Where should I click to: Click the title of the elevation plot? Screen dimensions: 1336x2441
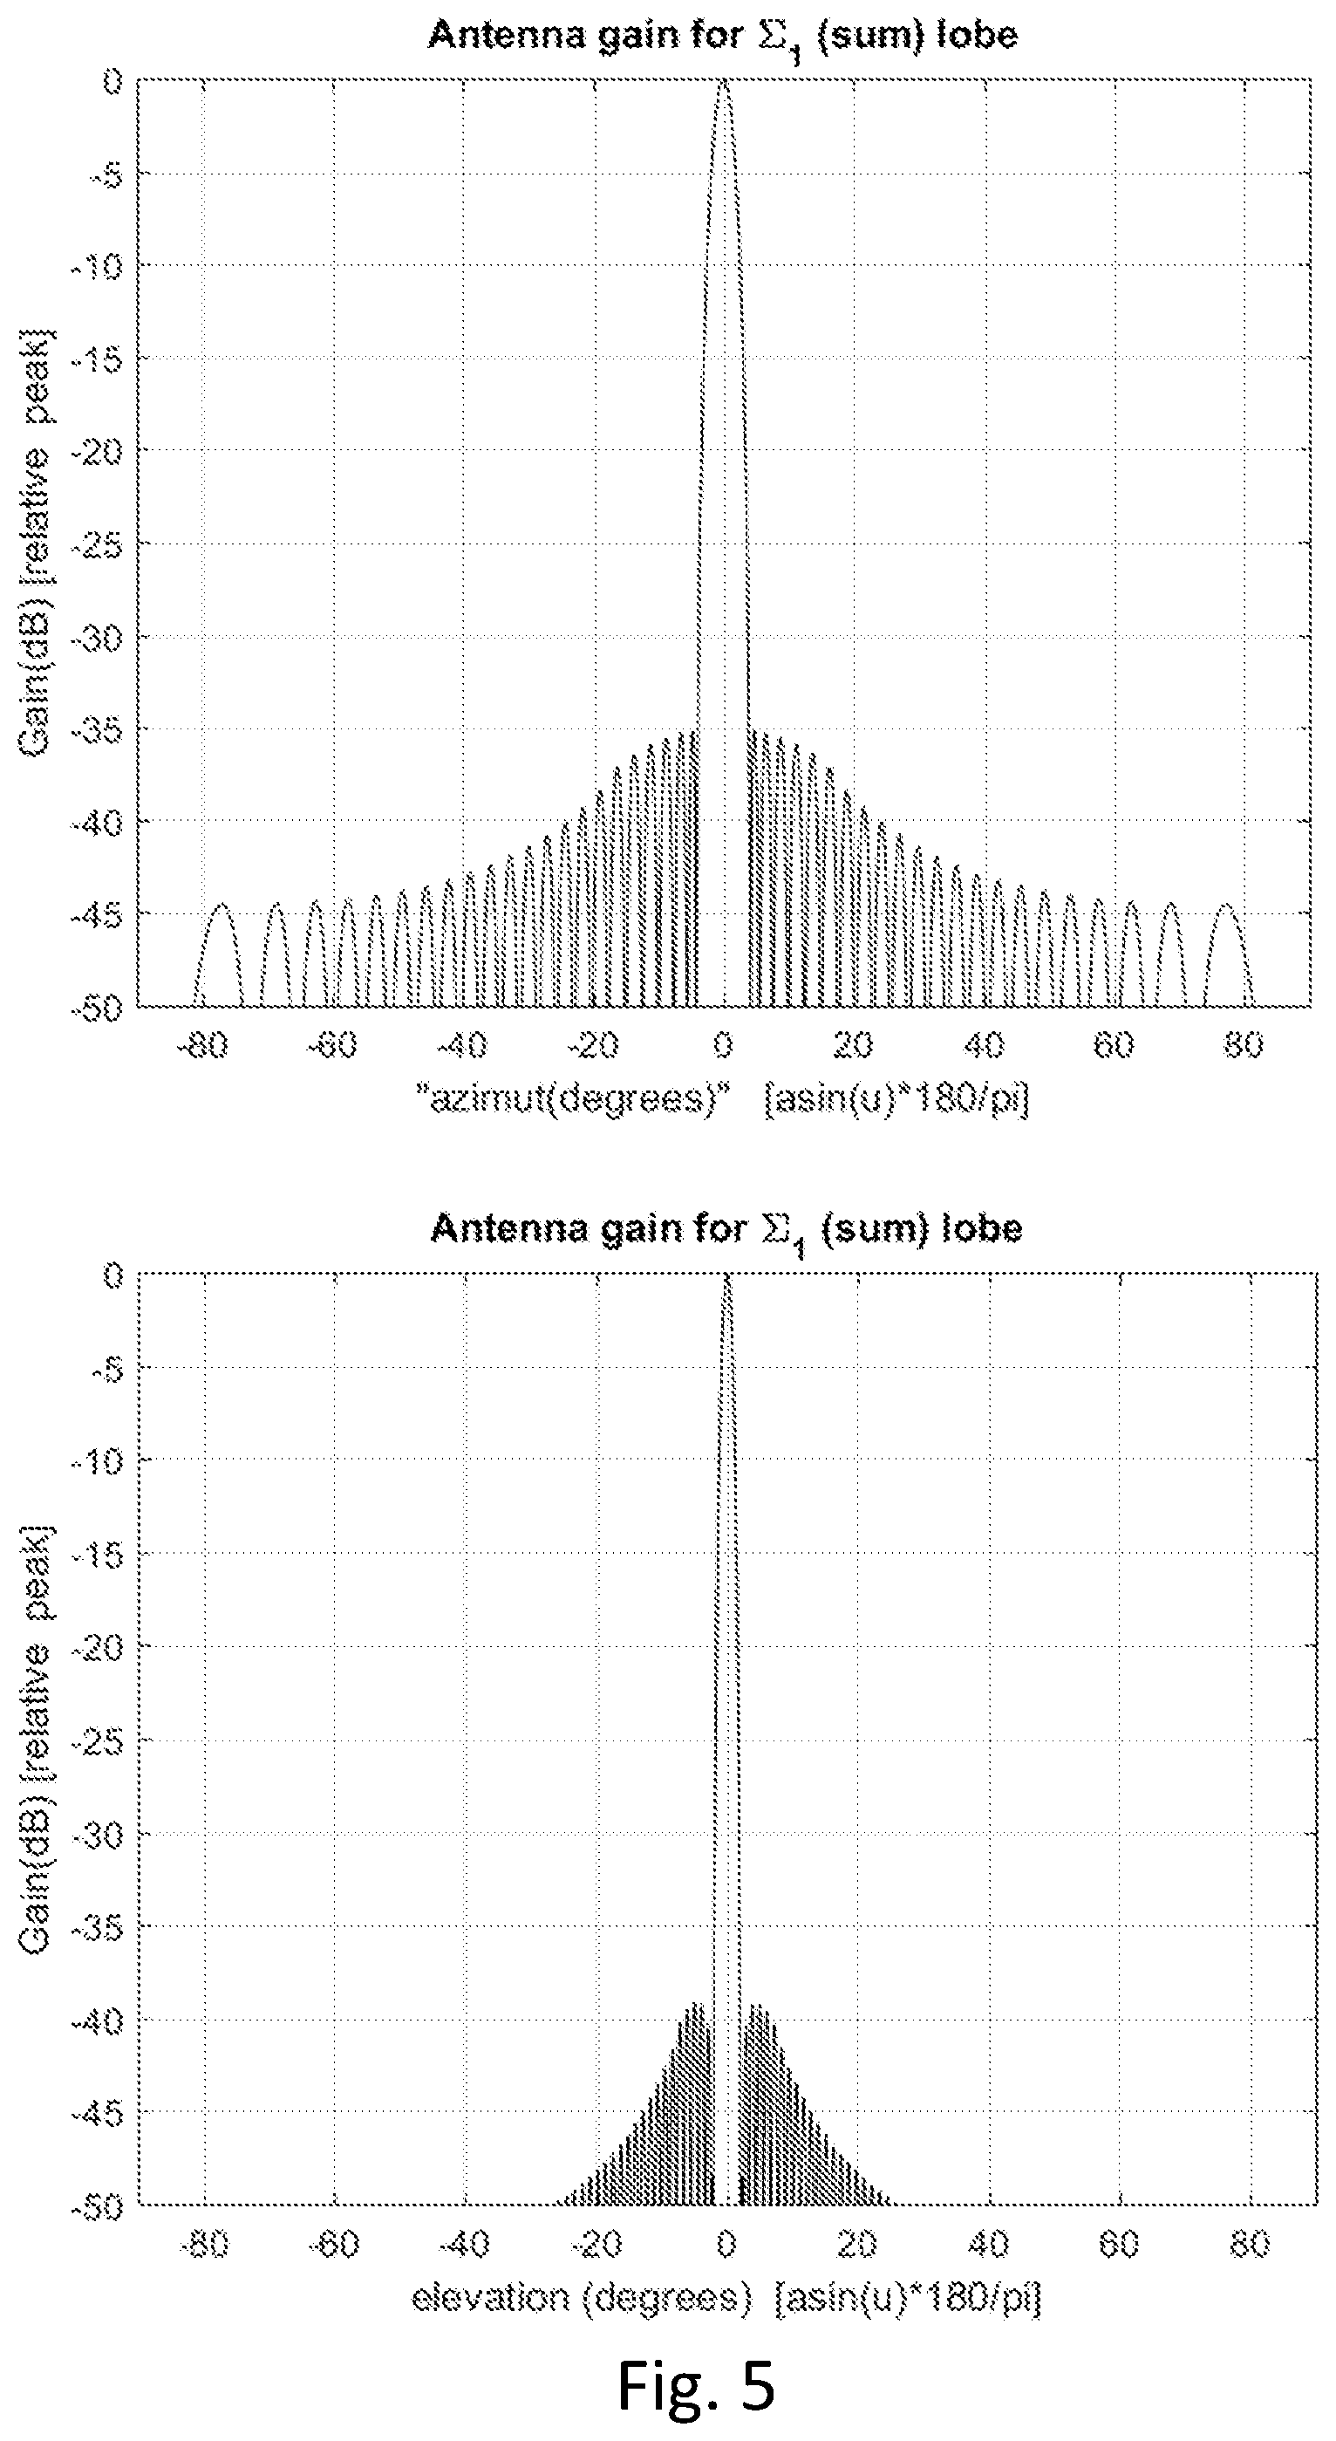(x=726, y=1231)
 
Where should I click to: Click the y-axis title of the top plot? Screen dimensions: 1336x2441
(x=36, y=543)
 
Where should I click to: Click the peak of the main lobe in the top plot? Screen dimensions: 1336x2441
(x=723, y=84)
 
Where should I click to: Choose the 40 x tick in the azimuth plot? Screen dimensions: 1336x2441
(x=984, y=1045)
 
